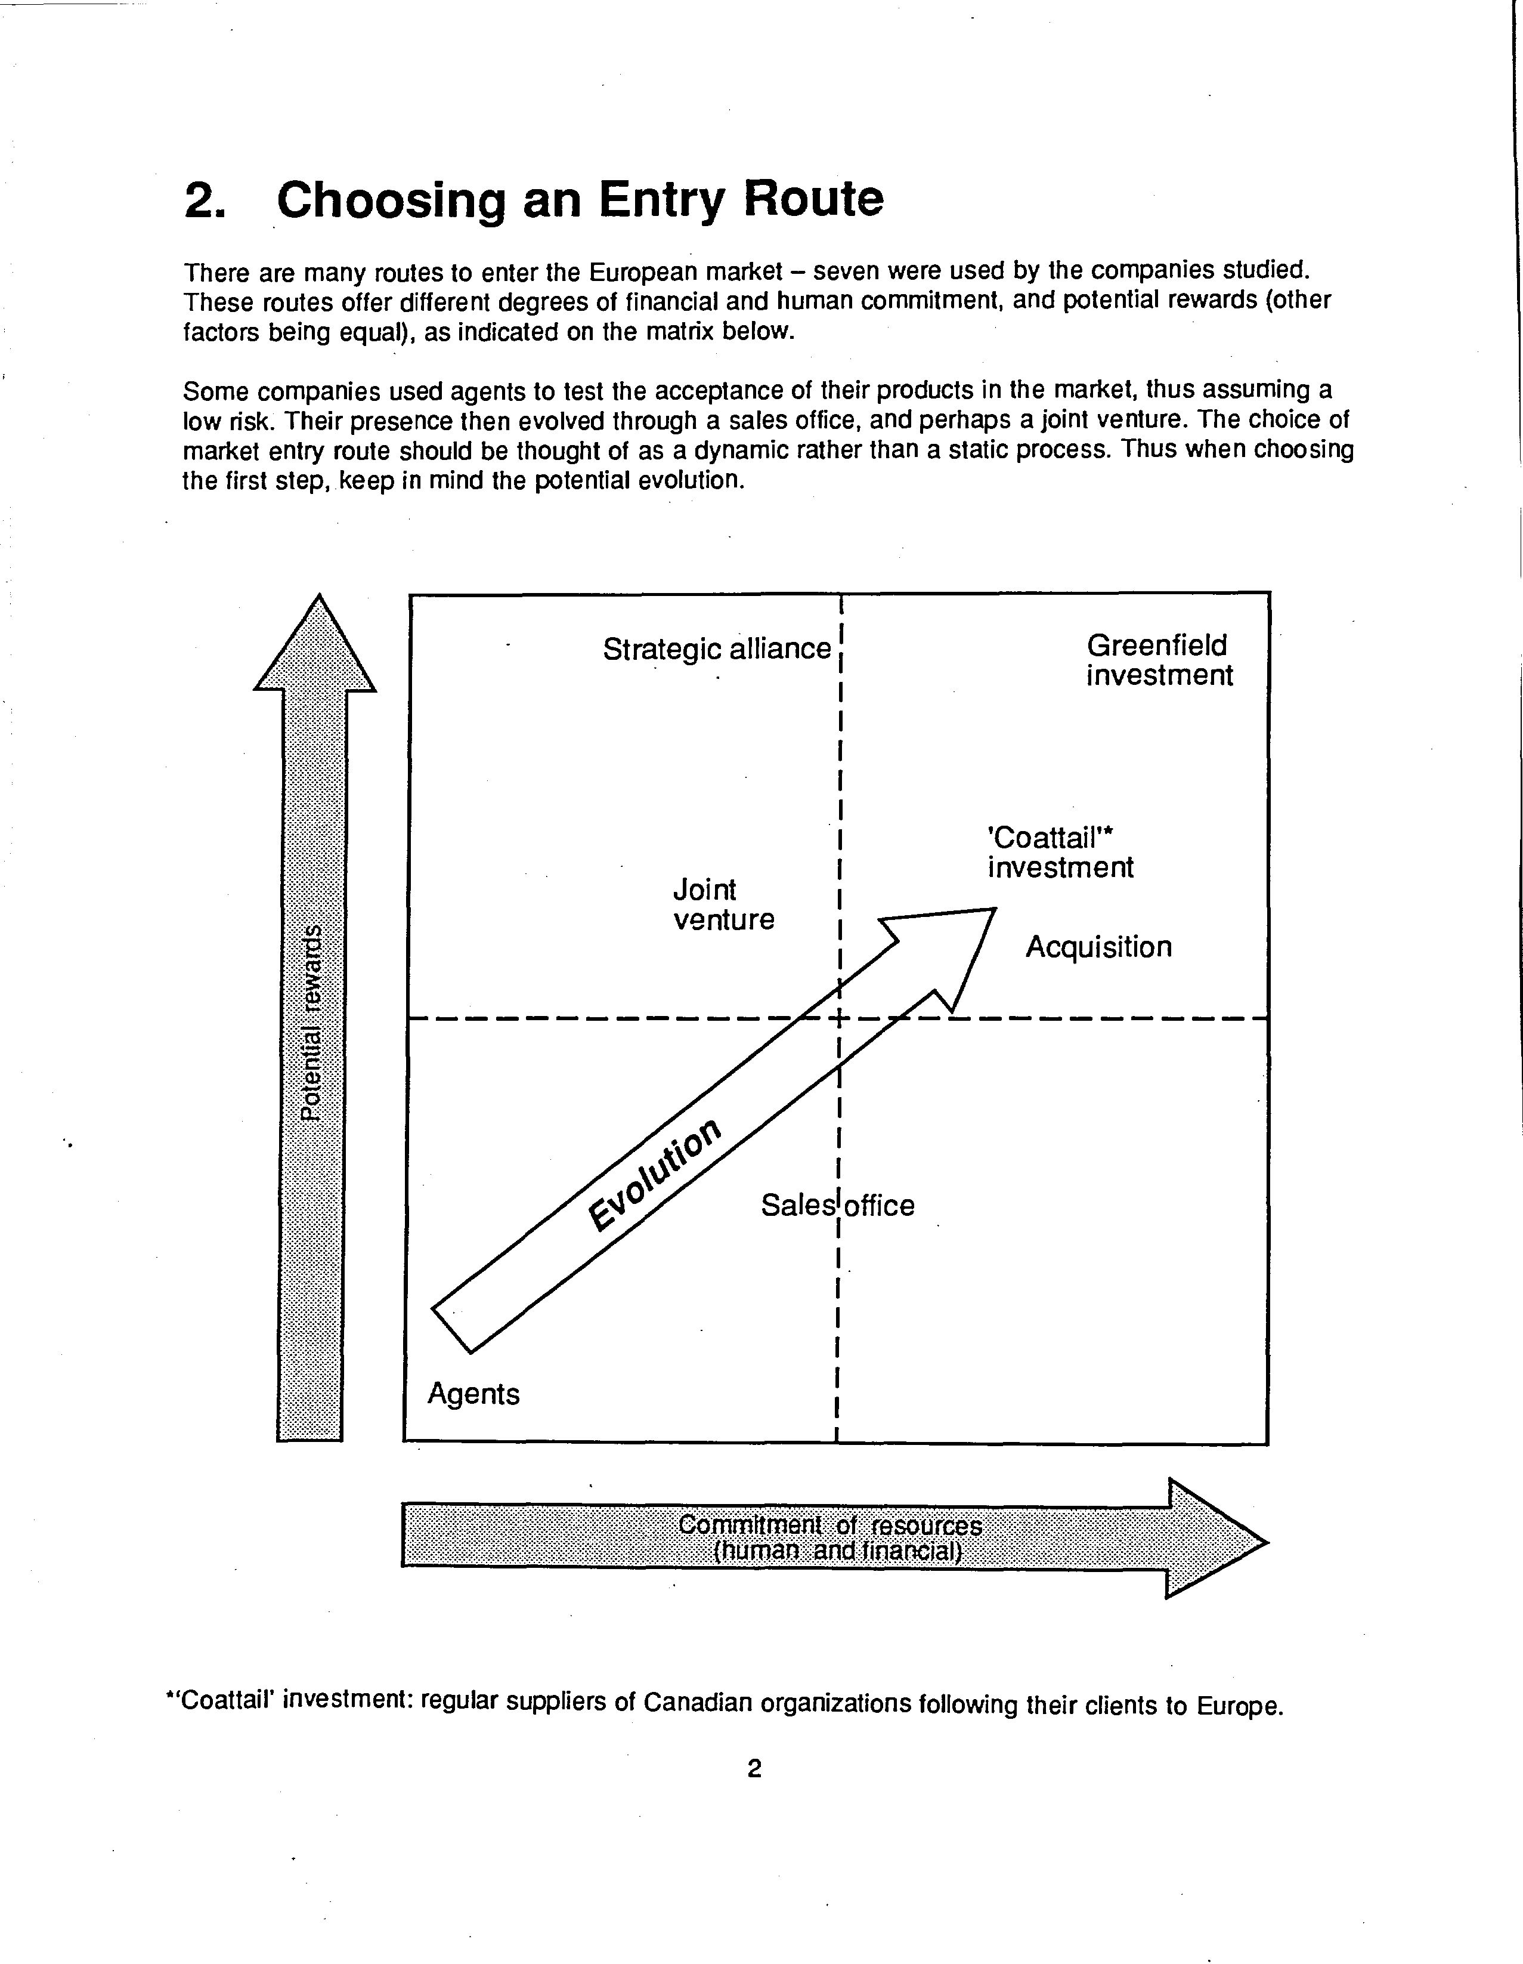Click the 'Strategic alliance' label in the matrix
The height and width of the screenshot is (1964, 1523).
point(717,649)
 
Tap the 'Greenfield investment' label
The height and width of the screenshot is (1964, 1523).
point(1159,660)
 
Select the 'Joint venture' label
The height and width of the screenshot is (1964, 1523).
point(723,904)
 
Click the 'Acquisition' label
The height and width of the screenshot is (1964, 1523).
point(1098,947)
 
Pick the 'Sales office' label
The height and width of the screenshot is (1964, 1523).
point(837,1205)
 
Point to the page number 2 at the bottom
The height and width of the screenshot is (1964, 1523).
point(754,1769)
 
